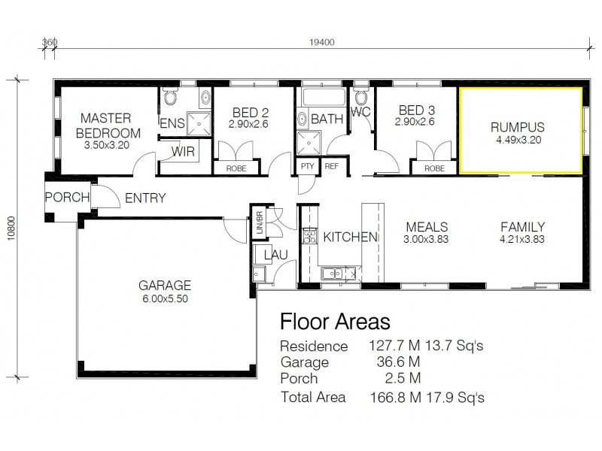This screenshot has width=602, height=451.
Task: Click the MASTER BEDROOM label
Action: [x=106, y=125]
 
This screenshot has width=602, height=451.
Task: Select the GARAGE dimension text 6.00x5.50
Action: [x=165, y=298]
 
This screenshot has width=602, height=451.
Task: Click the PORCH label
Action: [x=67, y=198]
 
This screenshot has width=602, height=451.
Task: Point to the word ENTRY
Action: [x=144, y=198]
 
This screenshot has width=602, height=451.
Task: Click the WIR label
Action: [x=184, y=151]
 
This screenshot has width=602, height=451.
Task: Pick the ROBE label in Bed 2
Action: [x=236, y=168]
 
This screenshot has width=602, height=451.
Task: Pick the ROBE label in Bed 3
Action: [x=434, y=168]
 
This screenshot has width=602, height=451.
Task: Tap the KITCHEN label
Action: [x=350, y=238]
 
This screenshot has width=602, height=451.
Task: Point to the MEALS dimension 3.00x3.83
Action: [x=427, y=240]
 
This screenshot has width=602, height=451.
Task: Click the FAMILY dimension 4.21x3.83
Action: [x=523, y=240]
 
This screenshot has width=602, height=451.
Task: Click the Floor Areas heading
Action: [x=334, y=322]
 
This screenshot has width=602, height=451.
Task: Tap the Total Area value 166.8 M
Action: [x=392, y=397]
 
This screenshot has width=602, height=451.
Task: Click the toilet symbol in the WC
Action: [x=361, y=97]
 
